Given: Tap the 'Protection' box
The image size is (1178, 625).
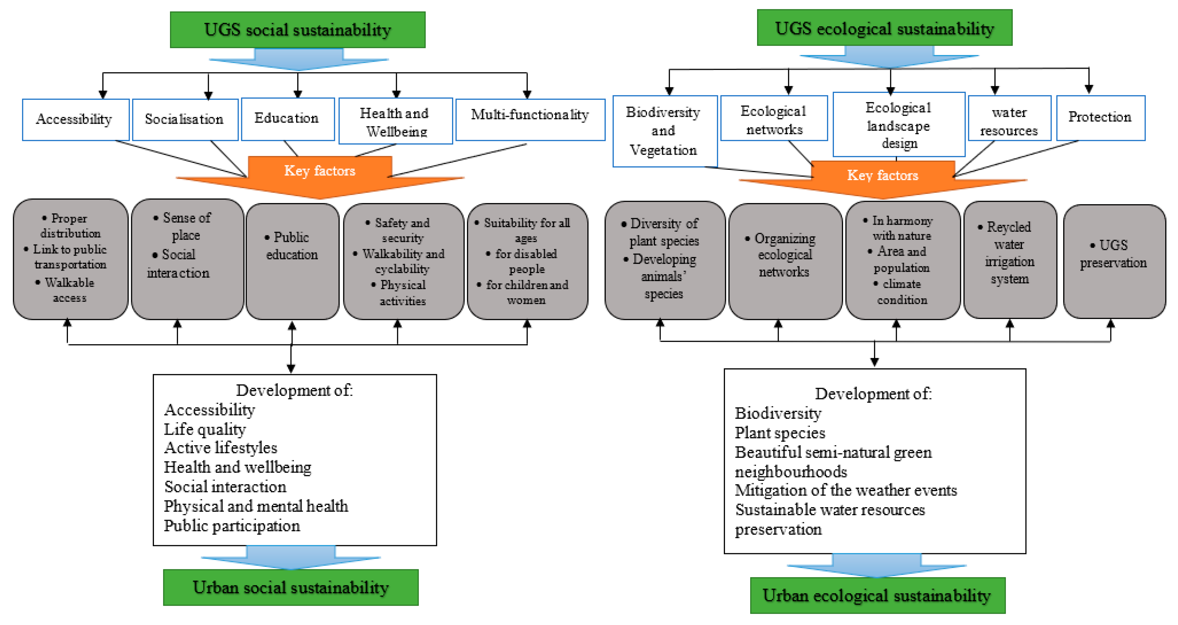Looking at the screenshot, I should [x=1100, y=118].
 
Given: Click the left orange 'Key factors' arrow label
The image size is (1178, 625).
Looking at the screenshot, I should [x=320, y=171].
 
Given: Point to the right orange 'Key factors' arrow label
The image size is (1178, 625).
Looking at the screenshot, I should [x=882, y=175].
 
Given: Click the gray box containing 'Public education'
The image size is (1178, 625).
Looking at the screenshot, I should [x=292, y=261].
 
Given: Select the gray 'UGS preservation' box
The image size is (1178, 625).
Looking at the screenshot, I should [x=1114, y=261].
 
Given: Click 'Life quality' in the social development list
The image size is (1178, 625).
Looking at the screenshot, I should [x=205, y=429].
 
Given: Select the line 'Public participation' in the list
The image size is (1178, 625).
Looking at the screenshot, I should [x=232, y=526].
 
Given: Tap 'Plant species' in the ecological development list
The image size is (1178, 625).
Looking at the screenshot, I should [x=780, y=432].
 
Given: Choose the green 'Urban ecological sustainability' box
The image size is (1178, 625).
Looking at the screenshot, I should [x=877, y=595].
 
